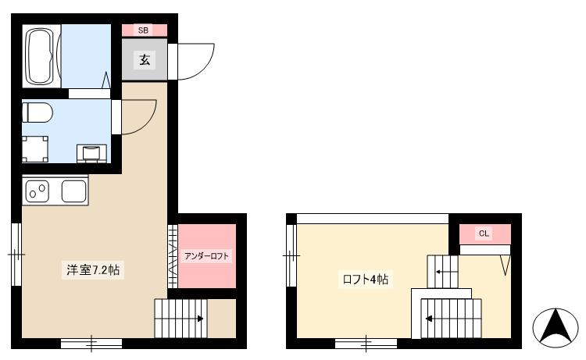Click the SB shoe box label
click(x=144, y=30)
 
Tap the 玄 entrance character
click(x=145, y=59)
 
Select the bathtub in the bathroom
click(x=42, y=57)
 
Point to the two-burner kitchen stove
click(x=38, y=189)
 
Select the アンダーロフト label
click(x=207, y=256)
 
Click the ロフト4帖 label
click(x=365, y=279)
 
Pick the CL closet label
click(x=484, y=233)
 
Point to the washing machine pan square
click(x=35, y=148)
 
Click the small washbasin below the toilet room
click(x=92, y=151)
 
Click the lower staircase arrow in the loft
click(x=429, y=319)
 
